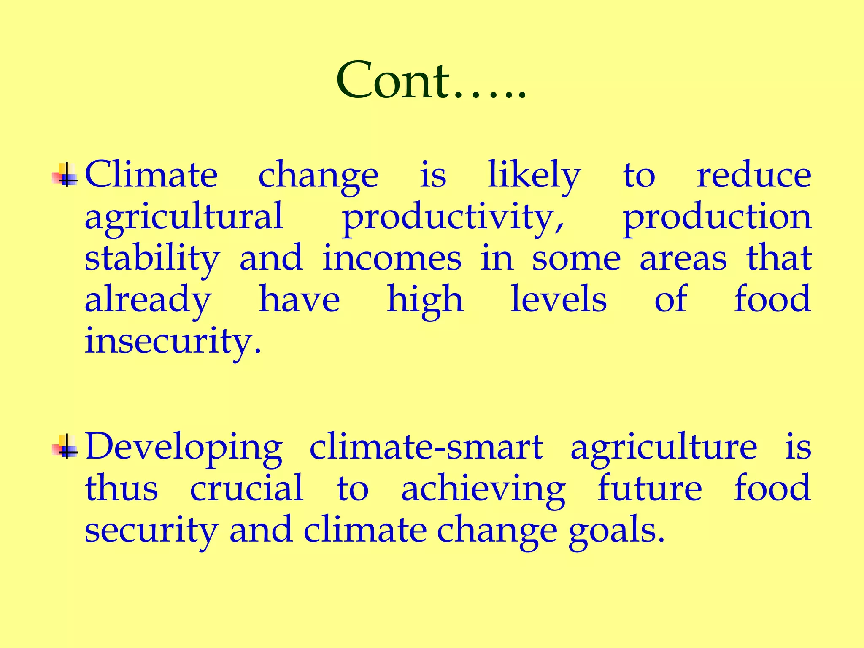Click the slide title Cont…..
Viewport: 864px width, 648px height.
(x=431, y=80)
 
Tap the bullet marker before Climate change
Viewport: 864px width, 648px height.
(x=65, y=174)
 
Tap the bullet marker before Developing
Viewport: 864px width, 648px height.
(x=65, y=446)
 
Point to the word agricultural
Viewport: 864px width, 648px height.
(x=184, y=216)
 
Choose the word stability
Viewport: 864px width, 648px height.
(x=152, y=258)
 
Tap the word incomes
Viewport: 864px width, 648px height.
(x=392, y=258)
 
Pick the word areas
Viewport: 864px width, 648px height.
(x=683, y=259)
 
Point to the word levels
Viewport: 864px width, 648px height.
(x=559, y=299)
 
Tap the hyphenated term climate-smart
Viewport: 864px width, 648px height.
(x=426, y=446)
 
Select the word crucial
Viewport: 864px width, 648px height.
(x=247, y=488)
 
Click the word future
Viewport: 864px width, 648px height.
(x=650, y=488)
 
